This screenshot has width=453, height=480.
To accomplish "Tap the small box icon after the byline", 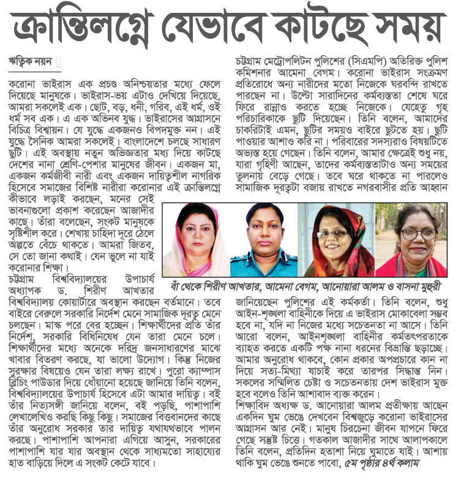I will (59, 62).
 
